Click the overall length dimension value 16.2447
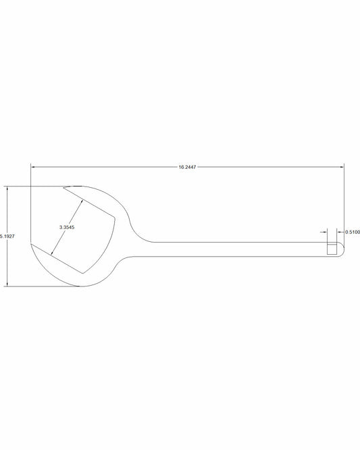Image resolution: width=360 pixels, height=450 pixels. tap(187, 166)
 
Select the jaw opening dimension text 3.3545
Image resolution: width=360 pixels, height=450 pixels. tap(66, 228)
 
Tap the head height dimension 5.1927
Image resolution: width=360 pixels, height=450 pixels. tap(7, 236)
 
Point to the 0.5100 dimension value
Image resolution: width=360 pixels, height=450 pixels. tap(352, 232)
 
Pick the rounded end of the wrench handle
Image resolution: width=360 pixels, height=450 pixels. tap(344, 249)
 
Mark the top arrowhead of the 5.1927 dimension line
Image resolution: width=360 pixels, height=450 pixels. tap(7, 189)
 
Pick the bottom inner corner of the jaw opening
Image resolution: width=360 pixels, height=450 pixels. tap(83, 273)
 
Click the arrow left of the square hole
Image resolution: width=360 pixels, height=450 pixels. tap(324, 232)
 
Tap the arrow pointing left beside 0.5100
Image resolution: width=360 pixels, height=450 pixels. tap(339, 232)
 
